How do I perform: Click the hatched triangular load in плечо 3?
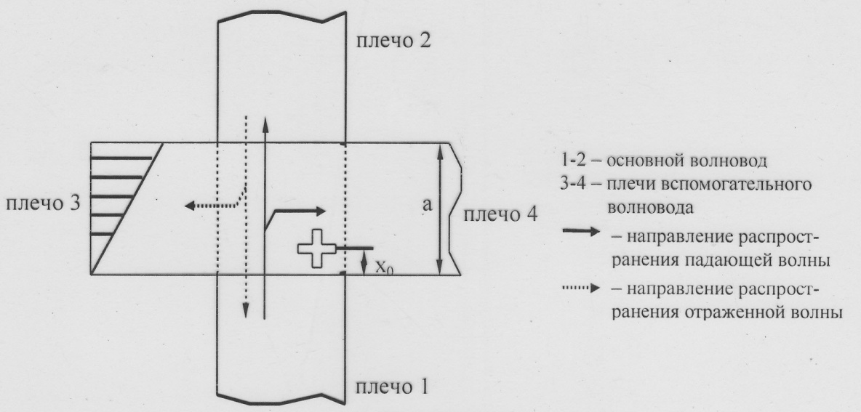pyautogui.click(x=120, y=209)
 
